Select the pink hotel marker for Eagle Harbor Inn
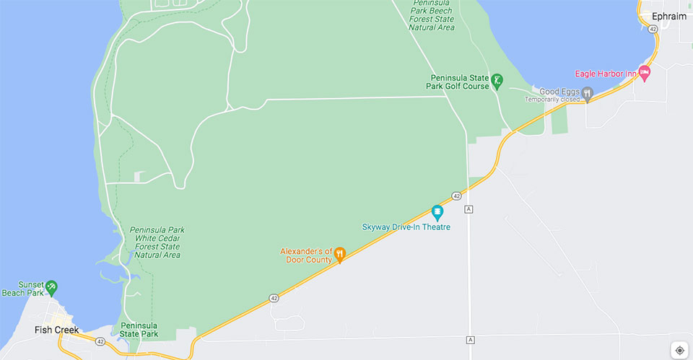645,73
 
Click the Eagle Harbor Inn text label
606,73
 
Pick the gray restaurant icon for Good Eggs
588,92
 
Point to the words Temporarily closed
553,100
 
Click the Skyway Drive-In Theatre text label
406,227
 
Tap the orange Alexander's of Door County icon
339,254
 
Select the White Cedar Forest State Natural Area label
157,242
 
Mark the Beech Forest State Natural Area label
431,15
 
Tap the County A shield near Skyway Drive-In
469,209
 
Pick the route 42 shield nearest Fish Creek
100,341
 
